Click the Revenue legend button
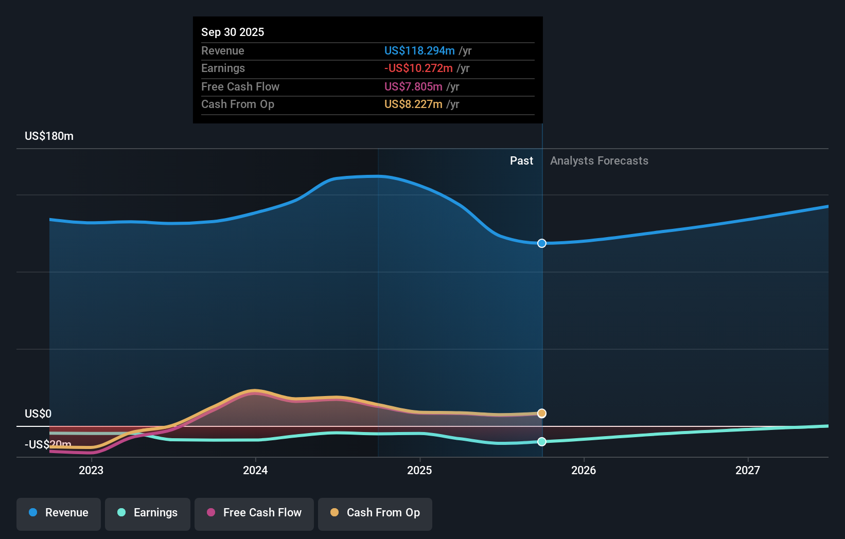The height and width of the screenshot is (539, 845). click(x=59, y=513)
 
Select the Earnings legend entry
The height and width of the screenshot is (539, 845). click(x=148, y=513)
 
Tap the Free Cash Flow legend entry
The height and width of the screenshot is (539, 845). click(x=254, y=513)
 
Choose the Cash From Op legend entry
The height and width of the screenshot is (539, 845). click(x=375, y=513)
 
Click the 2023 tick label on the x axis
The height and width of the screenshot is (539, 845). click(x=91, y=470)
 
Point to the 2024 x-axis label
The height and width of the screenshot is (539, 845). click(x=255, y=470)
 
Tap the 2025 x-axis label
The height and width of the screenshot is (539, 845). click(x=419, y=470)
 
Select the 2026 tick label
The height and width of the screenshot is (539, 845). click(x=584, y=470)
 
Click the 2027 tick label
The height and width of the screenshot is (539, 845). click(x=747, y=470)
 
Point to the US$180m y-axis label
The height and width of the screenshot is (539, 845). click(x=49, y=136)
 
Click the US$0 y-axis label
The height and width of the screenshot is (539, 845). click(x=38, y=414)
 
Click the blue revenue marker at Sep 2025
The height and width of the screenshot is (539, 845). click(x=542, y=243)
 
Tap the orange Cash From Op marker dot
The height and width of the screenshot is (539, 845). click(x=542, y=414)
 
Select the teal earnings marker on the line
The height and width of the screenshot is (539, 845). click(x=542, y=442)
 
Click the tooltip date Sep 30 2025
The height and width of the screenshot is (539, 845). click(x=233, y=32)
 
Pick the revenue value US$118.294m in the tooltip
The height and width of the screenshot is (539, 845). click(x=419, y=51)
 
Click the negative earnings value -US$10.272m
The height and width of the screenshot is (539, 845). click(x=418, y=68)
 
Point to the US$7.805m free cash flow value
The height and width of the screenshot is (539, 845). click(x=413, y=87)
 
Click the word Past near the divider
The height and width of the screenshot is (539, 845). click(x=521, y=161)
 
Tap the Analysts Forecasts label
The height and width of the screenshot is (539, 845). click(x=599, y=161)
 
